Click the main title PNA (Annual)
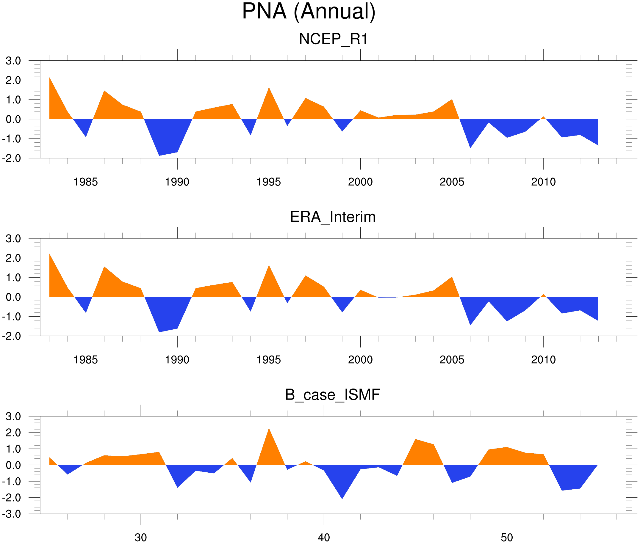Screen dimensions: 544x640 [x=309, y=12]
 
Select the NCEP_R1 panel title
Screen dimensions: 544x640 [x=333, y=39]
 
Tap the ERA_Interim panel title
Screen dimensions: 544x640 [x=333, y=217]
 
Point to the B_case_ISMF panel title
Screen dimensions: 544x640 [x=332, y=395]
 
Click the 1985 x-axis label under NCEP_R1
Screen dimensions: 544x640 [x=85, y=182]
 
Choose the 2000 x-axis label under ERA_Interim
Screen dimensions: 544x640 [x=360, y=360]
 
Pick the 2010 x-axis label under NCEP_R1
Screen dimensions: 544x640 [x=543, y=182]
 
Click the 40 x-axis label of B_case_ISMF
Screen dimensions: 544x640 [x=324, y=537]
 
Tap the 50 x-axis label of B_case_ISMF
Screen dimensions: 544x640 [x=507, y=537]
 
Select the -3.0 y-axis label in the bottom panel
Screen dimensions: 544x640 [x=12, y=514]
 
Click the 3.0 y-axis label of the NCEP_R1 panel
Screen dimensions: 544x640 [x=13, y=61]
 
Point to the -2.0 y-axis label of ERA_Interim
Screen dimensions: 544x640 [x=12, y=336]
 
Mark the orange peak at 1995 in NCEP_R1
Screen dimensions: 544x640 [x=269, y=92]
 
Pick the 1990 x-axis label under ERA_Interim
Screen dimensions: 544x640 [x=177, y=360]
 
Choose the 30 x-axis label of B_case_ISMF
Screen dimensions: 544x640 [x=141, y=537]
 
